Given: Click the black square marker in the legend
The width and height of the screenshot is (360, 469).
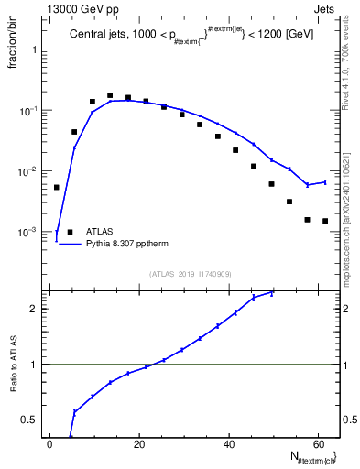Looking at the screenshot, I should [x=71, y=232].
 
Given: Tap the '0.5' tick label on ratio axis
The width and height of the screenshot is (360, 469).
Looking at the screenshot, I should [x=32, y=420].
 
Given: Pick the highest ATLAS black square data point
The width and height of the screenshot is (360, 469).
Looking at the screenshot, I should [x=110, y=95].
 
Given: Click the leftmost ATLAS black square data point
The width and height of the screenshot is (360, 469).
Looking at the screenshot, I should [x=57, y=187].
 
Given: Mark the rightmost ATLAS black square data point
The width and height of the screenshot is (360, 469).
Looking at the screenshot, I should [x=324, y=221].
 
